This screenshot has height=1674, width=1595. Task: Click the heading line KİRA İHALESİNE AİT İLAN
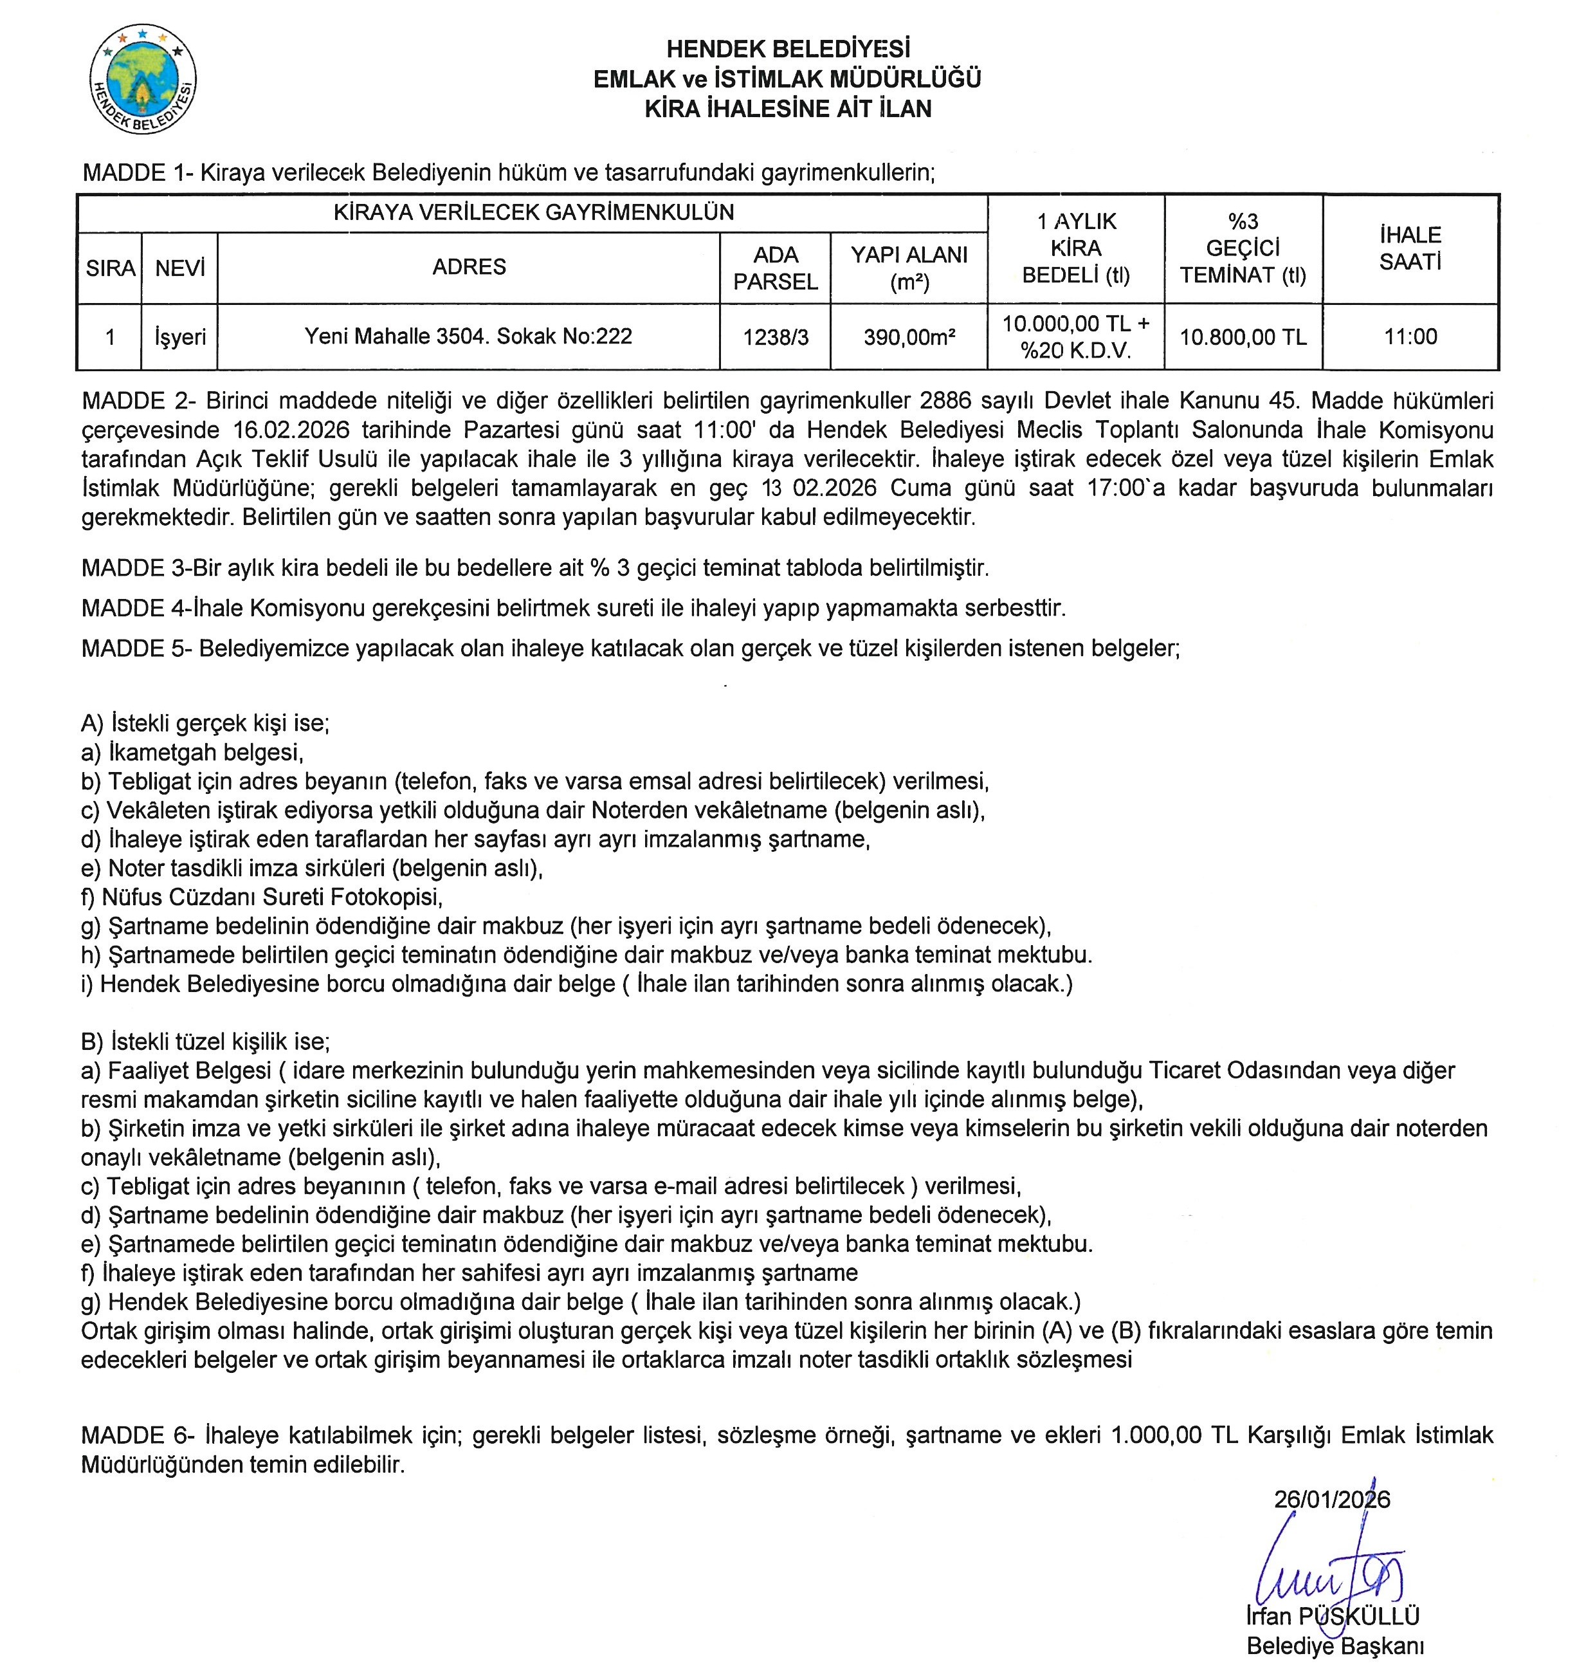[x=787, y=109]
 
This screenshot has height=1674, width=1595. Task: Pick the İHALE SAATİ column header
[x=1410, y=248]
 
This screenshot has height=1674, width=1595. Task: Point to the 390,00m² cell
[x=908, y=337]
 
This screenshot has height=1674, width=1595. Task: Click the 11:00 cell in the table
[x=1410, y=337]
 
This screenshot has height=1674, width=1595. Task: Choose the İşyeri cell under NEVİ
[x=179, y=337]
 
